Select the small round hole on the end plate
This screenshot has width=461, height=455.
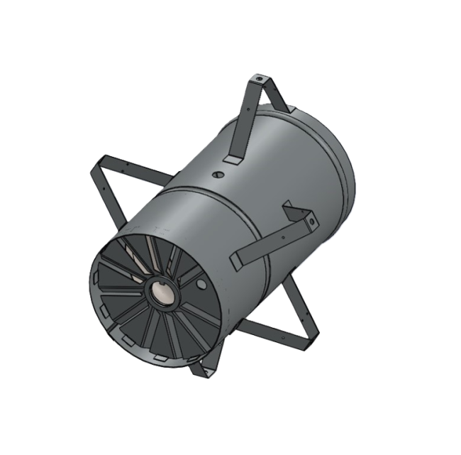pos(201,285)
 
